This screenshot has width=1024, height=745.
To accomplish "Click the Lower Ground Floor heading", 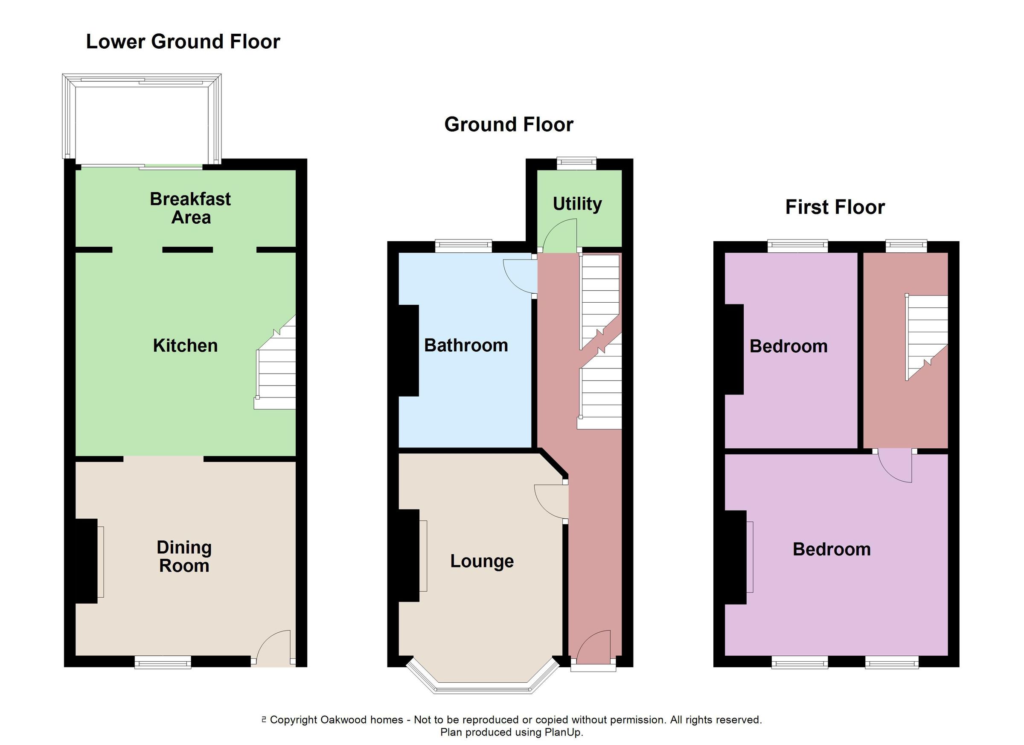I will click(183, 41).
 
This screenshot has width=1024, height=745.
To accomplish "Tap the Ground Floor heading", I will click(509, 124).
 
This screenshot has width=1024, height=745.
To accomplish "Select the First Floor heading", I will click(835, 207).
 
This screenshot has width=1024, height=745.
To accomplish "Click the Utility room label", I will click(577, 204).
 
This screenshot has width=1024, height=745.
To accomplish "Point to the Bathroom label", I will click(466, 346).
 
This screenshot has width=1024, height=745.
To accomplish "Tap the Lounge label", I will click(482, 561).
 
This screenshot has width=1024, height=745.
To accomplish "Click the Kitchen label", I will click(185, 346).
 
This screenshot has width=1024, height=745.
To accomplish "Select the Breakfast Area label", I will click(191, 208).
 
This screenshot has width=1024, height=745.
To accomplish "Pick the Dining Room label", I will click(184, 557).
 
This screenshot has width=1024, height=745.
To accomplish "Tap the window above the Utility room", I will click(576, 163).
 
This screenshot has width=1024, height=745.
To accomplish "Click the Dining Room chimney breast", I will click(86, 561).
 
